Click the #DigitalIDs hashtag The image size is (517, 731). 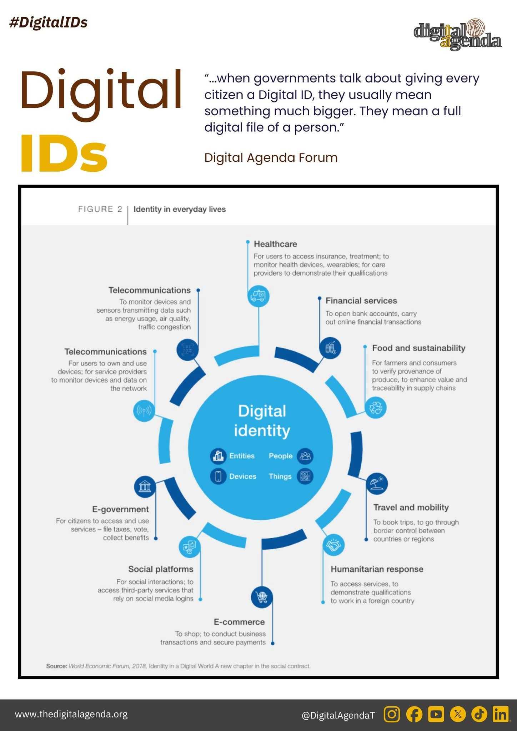(x=48, y=22)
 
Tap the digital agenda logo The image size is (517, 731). (x=457, y=35)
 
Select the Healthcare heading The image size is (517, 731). (x=275, y=244)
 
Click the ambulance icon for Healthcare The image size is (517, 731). (x=258, y=296)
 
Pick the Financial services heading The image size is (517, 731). (x=361, y=301)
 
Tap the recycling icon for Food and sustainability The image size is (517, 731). (x=376, y=408)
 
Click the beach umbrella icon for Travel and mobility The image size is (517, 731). (x=377, y=484)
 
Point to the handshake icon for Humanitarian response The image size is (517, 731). (x=333, y=545)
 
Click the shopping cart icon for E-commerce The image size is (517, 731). (x=262, y=597)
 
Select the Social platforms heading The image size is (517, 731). (x=161, y=569)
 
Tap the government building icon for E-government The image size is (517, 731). (x=145, y=487)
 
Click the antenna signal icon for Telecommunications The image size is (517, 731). (x=144, y=411)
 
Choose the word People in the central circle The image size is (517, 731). (x=281, y=456)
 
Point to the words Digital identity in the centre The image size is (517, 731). (x=262, y=420)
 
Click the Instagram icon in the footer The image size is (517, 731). (x=392, y=714)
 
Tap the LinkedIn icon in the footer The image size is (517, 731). (x=501, y=714)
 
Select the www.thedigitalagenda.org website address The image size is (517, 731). (x=71, y=714)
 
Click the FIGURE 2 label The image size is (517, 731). (x=100, y=209)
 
